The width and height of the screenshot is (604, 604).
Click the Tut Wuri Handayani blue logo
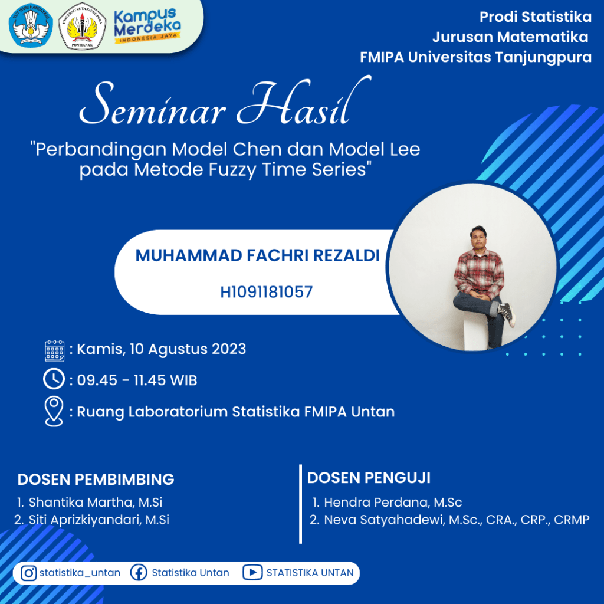[x=31, y=25]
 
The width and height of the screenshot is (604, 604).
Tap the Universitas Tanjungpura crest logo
[x=82, y=27]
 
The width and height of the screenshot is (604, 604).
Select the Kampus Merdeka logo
[x=147, y=25]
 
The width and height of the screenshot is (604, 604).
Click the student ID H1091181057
[x=266, y=292]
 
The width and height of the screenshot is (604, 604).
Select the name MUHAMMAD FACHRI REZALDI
[x=258, y=255]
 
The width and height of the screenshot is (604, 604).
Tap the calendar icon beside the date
[x=55, y=350]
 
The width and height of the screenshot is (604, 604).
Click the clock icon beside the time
[x=54, y=379]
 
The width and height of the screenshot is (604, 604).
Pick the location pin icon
[x=54, y=411]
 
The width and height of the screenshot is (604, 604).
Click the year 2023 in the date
[x=229, y=349]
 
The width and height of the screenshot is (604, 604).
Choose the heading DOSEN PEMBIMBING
[x=96, y=480]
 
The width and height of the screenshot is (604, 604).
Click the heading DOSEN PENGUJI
[x=369, y=478]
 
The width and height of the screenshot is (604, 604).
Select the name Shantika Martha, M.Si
[x=96, y=503]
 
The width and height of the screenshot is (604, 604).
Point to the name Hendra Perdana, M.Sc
[x=393, y=503]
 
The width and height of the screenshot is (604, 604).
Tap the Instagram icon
[x=28, y=573]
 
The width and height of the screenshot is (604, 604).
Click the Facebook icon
[x=139, y=573]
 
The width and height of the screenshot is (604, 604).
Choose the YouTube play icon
[x=252, y=573]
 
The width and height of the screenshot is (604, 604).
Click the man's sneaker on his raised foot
[x=508, y=314]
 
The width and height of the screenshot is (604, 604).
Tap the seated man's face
[x=478, y=238]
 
